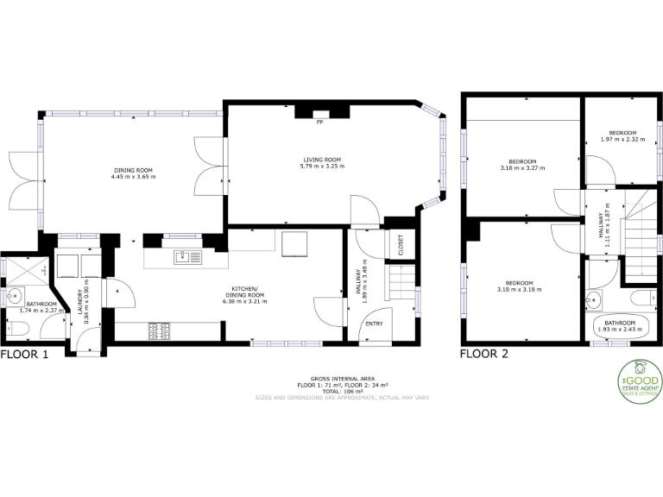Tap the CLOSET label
tap(401, 245)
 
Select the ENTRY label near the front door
tap(374, 324)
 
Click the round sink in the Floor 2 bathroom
tap(592, 301)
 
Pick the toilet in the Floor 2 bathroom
tap(641, 299)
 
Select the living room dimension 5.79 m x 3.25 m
tap(323, 167)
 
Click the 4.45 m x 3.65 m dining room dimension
tap(132, 177)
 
